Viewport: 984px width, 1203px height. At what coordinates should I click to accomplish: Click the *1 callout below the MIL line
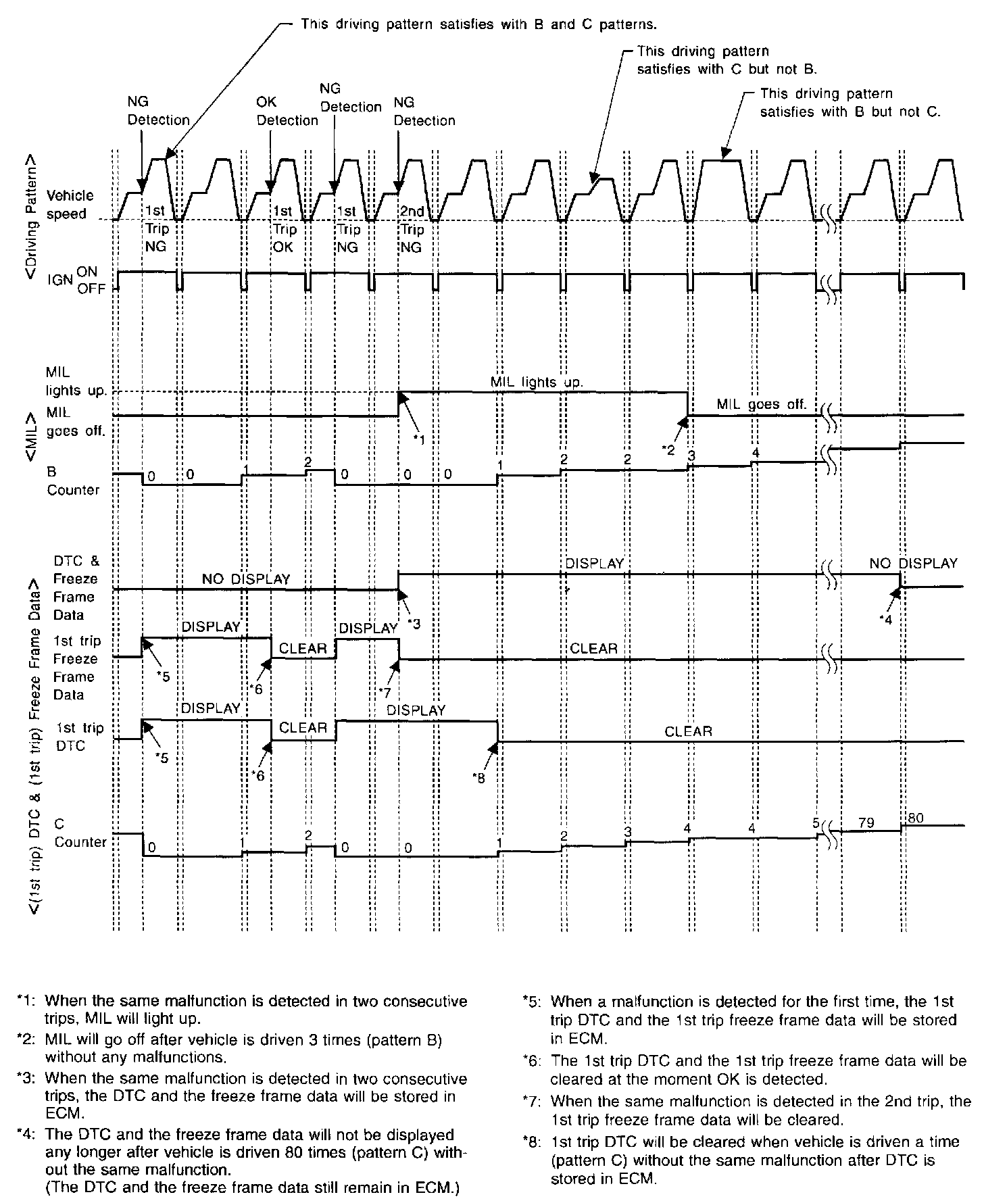point(419,440)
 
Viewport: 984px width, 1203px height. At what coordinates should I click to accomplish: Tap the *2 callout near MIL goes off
point(669,450)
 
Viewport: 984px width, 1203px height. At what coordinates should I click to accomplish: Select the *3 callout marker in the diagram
point(414,624)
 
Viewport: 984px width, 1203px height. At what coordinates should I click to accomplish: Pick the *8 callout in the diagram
point(480,778)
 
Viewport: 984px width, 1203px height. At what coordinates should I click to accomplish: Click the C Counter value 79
point(866,823)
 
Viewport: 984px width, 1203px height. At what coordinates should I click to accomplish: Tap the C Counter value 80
point(916,818)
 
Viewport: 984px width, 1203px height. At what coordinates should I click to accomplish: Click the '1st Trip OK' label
point(283,229)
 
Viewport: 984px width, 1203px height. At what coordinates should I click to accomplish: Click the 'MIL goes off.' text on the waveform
point(761,405)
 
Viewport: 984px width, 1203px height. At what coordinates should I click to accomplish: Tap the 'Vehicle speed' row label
point(70,205)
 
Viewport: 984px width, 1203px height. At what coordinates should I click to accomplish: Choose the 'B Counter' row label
point(72,481)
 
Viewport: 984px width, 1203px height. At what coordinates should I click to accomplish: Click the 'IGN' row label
point(60,279)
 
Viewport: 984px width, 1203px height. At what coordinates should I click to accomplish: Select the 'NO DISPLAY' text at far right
point(913,563)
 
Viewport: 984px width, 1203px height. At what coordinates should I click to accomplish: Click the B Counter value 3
point(691,456)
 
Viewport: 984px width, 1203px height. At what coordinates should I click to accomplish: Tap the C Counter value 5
point(816,824)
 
